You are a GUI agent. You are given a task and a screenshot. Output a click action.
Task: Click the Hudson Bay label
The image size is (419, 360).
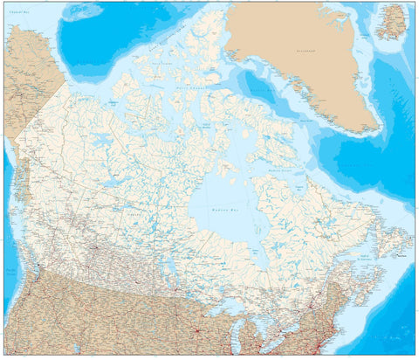tap(214, 211)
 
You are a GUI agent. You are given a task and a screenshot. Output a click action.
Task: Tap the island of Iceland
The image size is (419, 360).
tap(392, 20)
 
